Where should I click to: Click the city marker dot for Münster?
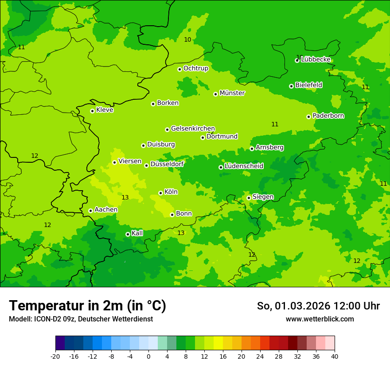216,94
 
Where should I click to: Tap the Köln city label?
171,192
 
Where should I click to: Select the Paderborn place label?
328,116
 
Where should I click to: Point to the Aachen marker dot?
90,211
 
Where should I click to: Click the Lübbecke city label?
316,59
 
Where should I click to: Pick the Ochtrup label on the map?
195,68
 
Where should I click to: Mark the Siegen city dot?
249,198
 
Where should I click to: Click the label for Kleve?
105,110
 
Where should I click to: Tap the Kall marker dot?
128,234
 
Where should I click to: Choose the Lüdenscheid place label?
244,166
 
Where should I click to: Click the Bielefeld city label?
308,85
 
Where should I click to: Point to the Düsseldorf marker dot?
146,165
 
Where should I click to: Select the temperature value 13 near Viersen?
125,197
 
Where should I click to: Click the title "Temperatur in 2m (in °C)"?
87,305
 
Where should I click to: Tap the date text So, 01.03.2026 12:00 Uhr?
318,306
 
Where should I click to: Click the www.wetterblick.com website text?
320,319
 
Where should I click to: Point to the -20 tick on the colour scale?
55,356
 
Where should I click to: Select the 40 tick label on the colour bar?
335,356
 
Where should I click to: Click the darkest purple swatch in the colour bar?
60,343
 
